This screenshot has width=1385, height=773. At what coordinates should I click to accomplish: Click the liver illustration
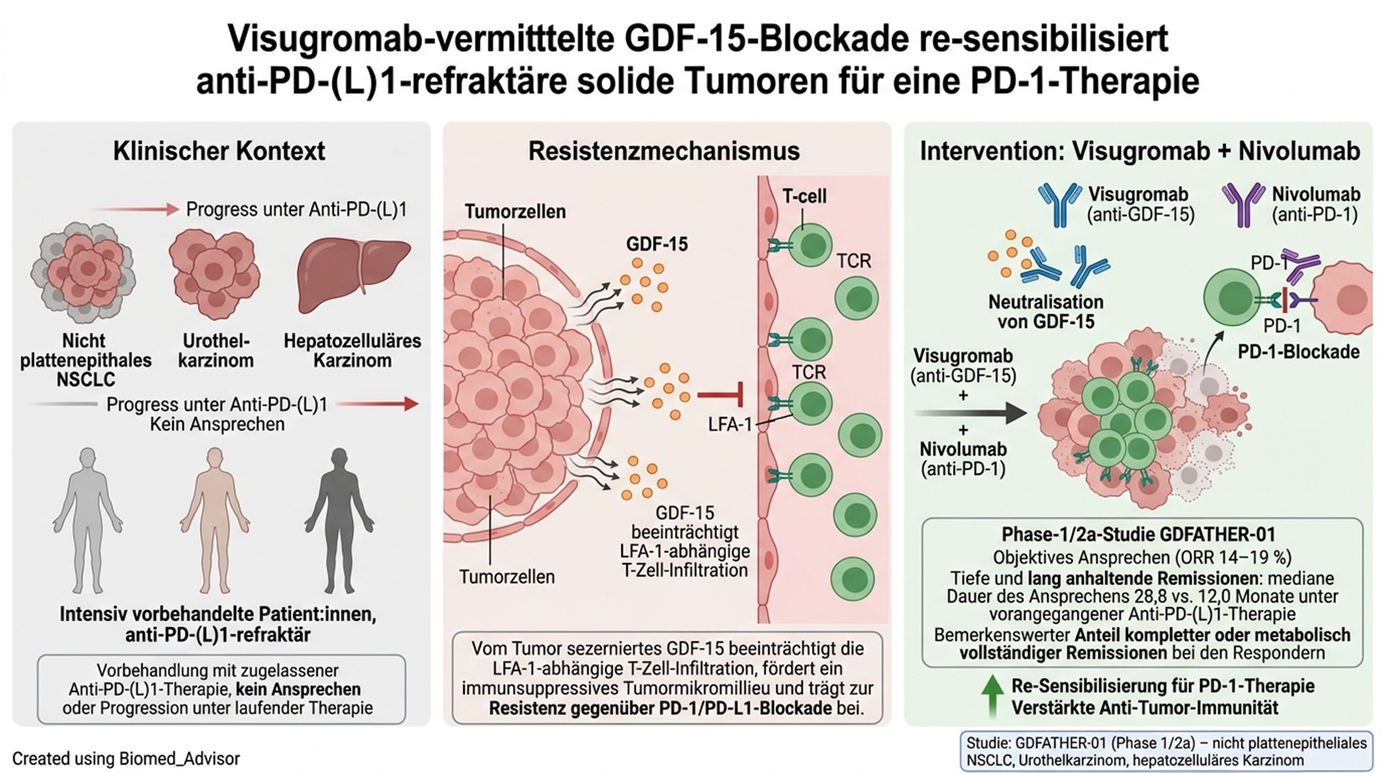click(x=353, y=275)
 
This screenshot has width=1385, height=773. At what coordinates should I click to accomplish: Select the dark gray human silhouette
click(x=339, y=519)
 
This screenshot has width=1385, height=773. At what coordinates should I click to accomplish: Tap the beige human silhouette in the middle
click(x=215, y=519)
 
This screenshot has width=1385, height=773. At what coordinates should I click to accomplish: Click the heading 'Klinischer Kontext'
click(x=218, y=151)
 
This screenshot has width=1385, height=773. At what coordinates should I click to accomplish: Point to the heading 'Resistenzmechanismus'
click(x=664, y=151)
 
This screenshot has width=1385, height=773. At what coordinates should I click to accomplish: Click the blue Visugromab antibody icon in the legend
click(x=1059, y=204)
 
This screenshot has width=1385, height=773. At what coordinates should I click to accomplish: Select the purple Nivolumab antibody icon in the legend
click(x=1243, y=204)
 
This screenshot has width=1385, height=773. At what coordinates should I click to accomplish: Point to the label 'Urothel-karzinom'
click(x=215, y=351)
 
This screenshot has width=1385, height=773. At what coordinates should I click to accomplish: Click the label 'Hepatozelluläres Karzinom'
click(x=352, y=351)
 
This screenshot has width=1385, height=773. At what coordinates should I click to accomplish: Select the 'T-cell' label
click(x=804, y=196)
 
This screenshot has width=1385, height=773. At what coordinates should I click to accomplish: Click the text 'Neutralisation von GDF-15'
click(x=1046, y=311)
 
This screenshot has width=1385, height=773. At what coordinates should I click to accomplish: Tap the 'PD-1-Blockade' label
click(x=1299, y=352)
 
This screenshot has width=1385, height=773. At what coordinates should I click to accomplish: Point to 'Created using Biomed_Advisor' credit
click(x=126, y=759)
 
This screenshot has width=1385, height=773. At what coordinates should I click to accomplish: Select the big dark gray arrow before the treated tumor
click(x=971, y=413)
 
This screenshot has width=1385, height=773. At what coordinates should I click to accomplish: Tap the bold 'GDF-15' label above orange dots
click(x=657, y=244)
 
